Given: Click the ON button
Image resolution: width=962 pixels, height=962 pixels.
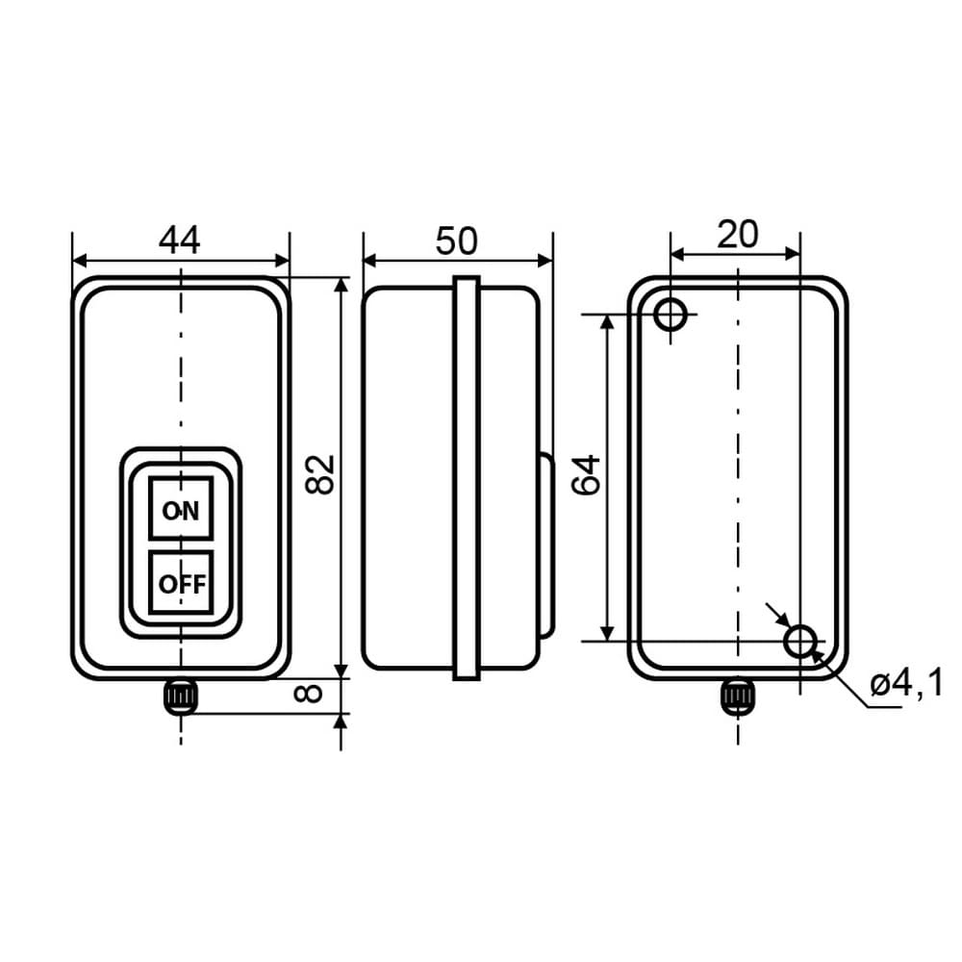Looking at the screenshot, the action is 181,508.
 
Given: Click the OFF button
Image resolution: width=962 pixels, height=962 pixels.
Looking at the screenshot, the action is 181,582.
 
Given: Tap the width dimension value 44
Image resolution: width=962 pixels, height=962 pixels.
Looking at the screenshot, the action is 179,240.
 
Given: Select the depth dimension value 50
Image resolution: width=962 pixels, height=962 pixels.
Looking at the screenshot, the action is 456,240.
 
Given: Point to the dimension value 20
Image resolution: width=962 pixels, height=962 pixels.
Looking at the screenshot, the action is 738,234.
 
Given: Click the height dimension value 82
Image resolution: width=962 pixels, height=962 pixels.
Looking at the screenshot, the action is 320,474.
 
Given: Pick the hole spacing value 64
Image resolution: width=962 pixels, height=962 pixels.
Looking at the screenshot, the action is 586,475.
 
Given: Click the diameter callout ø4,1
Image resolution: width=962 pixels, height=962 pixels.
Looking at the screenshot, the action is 906,684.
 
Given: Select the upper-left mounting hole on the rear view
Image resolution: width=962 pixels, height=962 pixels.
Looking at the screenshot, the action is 671,315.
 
